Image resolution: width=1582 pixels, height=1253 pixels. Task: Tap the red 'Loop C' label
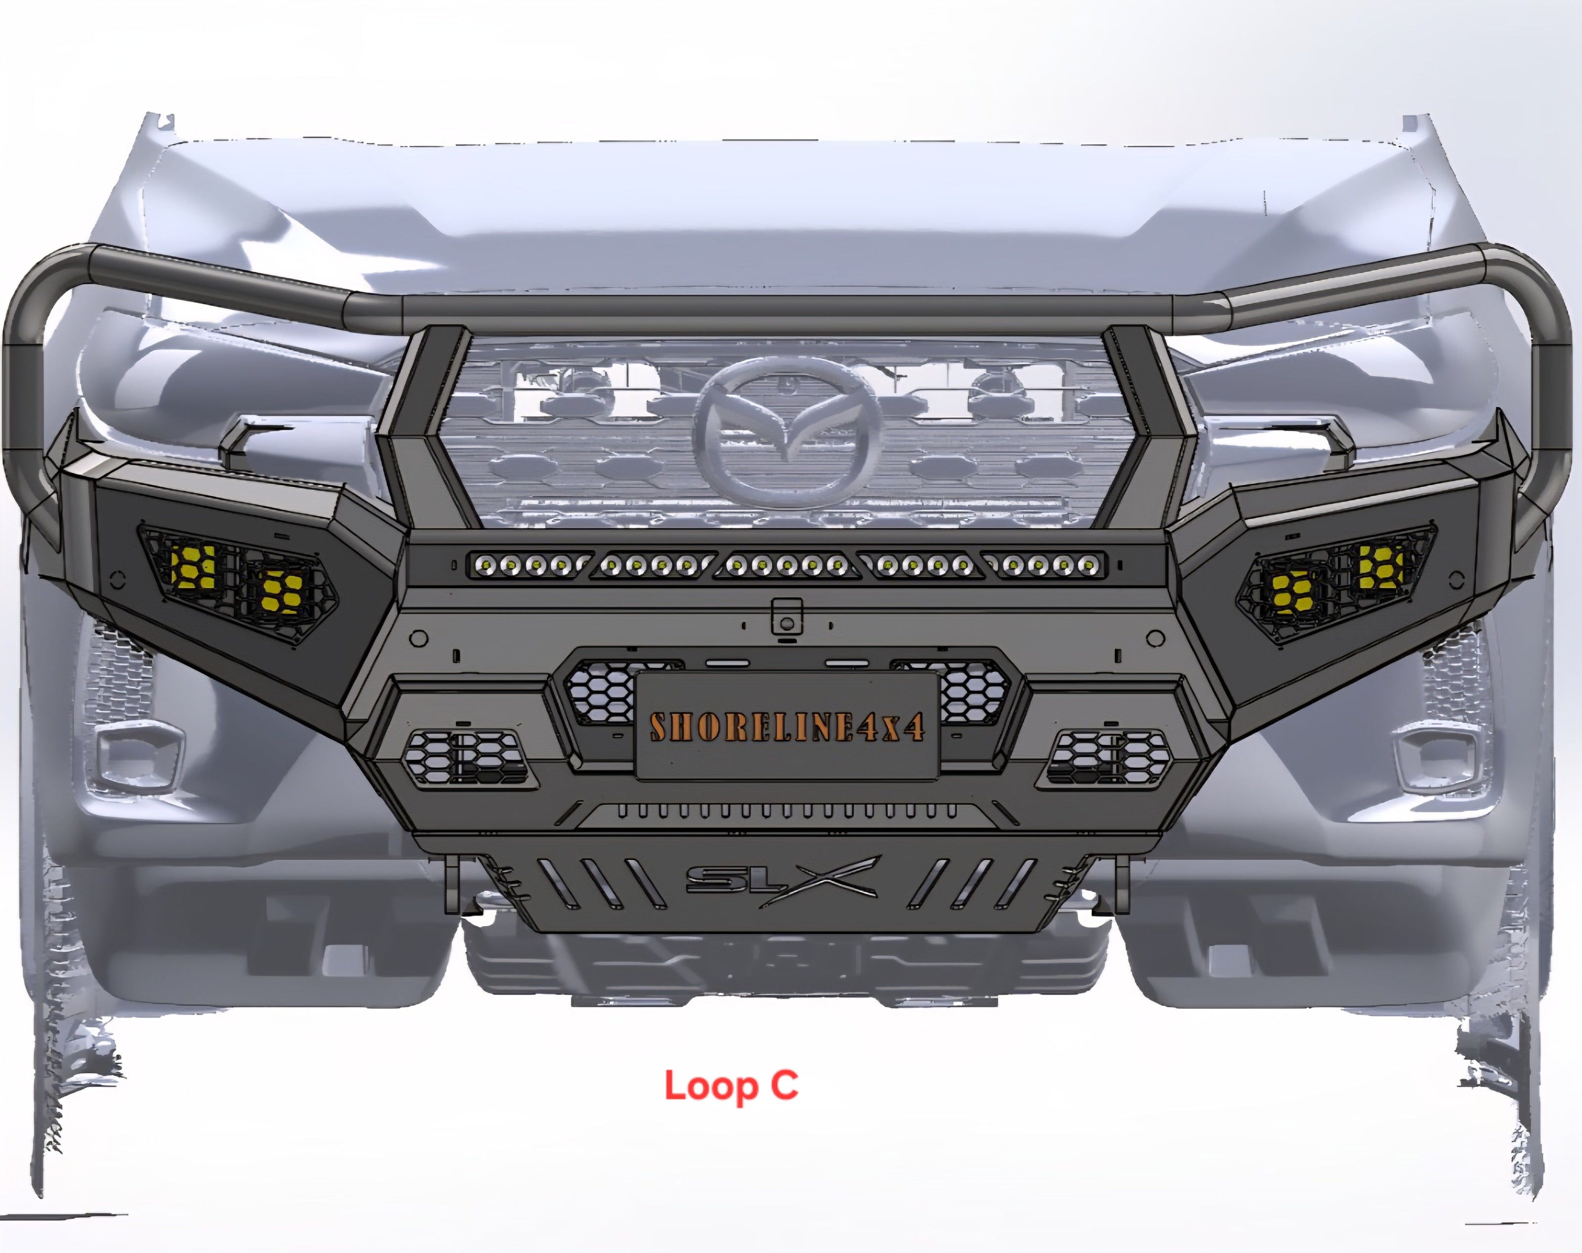731,1086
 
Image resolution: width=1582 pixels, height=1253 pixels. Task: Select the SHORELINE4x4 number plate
787,726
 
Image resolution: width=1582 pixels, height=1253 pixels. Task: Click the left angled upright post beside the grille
429,426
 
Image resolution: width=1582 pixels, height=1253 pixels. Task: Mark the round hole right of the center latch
1155,638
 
